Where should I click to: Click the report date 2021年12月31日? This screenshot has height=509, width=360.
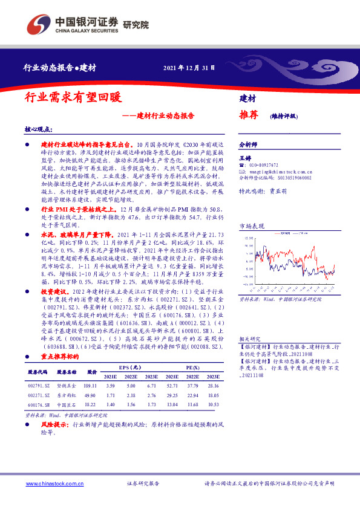(x=189, y=67)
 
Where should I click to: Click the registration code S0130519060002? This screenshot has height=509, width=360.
(x=284, y=178)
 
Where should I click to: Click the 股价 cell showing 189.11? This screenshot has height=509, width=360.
(x=92, y=386)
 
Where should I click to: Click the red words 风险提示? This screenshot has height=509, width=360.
(x=53, y=426)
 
